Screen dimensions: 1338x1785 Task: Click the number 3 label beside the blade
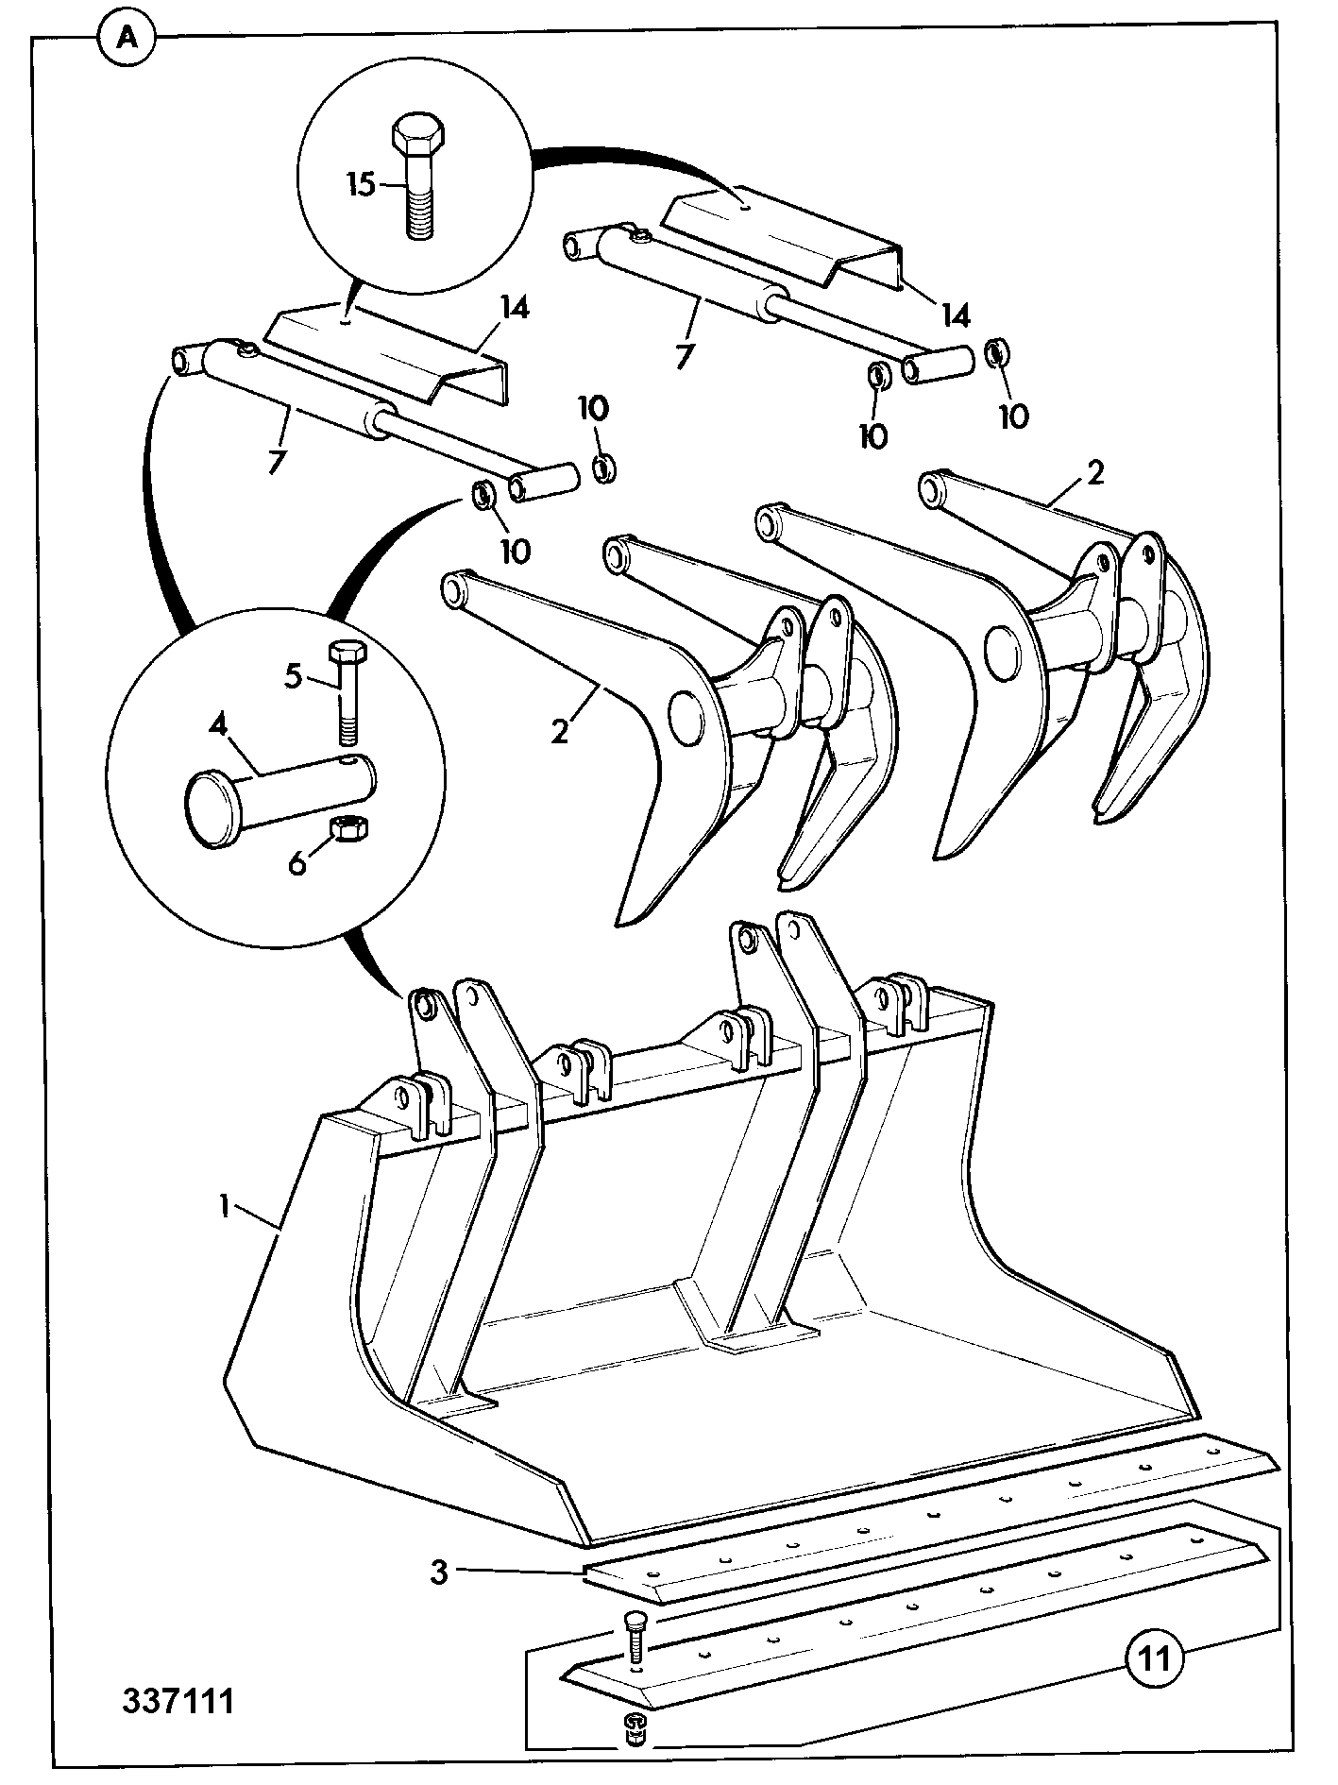(438, 1573)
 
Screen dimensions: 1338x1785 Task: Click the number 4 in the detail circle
(218, 725)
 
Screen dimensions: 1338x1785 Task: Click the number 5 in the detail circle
(294, 675)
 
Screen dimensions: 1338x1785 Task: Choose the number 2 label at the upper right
(1094, 472)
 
